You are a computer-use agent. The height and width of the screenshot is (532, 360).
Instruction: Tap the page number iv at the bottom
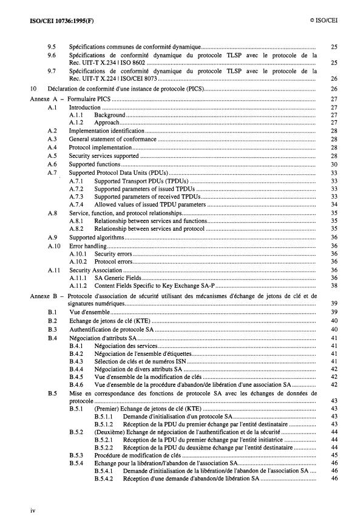coord(33,511)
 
